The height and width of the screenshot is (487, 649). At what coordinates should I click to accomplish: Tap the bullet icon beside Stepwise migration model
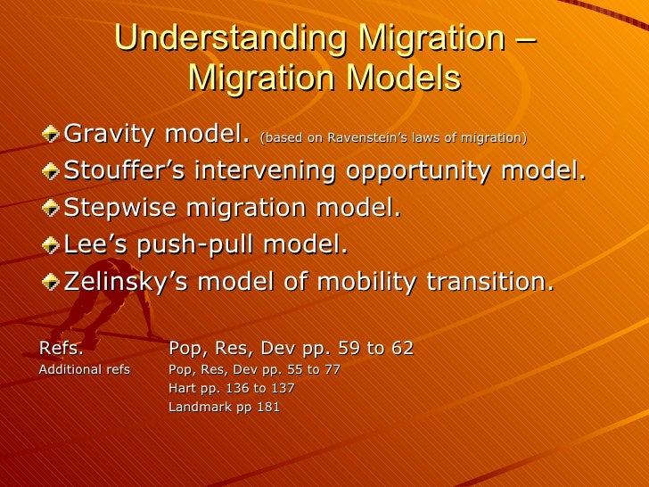click(53, 209)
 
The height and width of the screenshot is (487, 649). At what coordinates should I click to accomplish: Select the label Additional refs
click(85, 369)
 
